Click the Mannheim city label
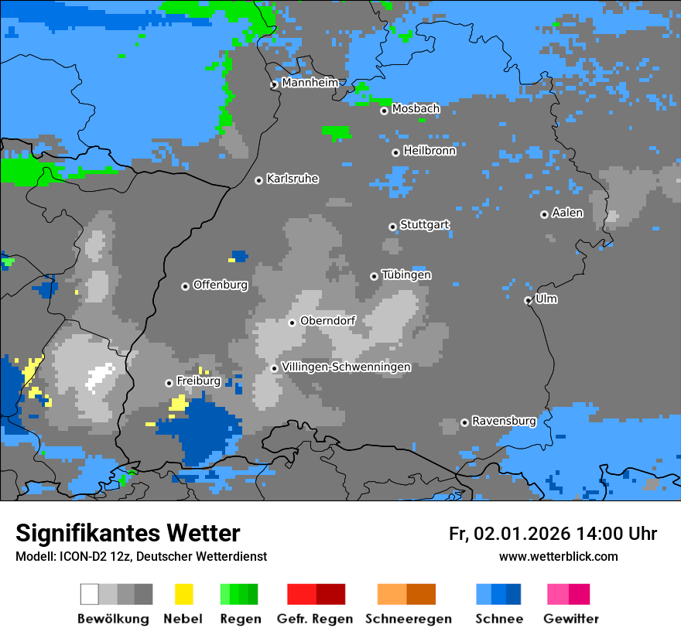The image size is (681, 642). [x=310, y=83]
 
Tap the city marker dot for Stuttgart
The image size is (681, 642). [x=393, y=227]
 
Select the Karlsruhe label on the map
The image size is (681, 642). [x=293, y=179]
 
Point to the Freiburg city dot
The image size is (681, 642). [x=169, y=383]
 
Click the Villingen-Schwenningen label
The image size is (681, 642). [x=346, y=367]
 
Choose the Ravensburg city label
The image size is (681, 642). [x=504, y=421]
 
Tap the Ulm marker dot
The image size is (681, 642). [x=528, y=300]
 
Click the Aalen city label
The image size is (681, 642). [x=567, y=213]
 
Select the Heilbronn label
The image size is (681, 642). [x=429, y=151]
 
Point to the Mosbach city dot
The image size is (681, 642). [x=384, y=111]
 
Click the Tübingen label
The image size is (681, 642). [x=406, y=275]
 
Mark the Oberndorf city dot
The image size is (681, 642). [x=292, y=323]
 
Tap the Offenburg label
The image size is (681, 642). [x=221, y=285]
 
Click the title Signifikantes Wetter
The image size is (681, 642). [x=128, y=533]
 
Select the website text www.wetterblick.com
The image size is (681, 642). [x=558, y=556]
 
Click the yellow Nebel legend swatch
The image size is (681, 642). [x=183, y=594]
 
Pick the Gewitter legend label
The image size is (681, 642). [x=571, y=619]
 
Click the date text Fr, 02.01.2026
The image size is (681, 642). [x=509, y=534]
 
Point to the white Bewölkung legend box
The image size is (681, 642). [x=90, y=594]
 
